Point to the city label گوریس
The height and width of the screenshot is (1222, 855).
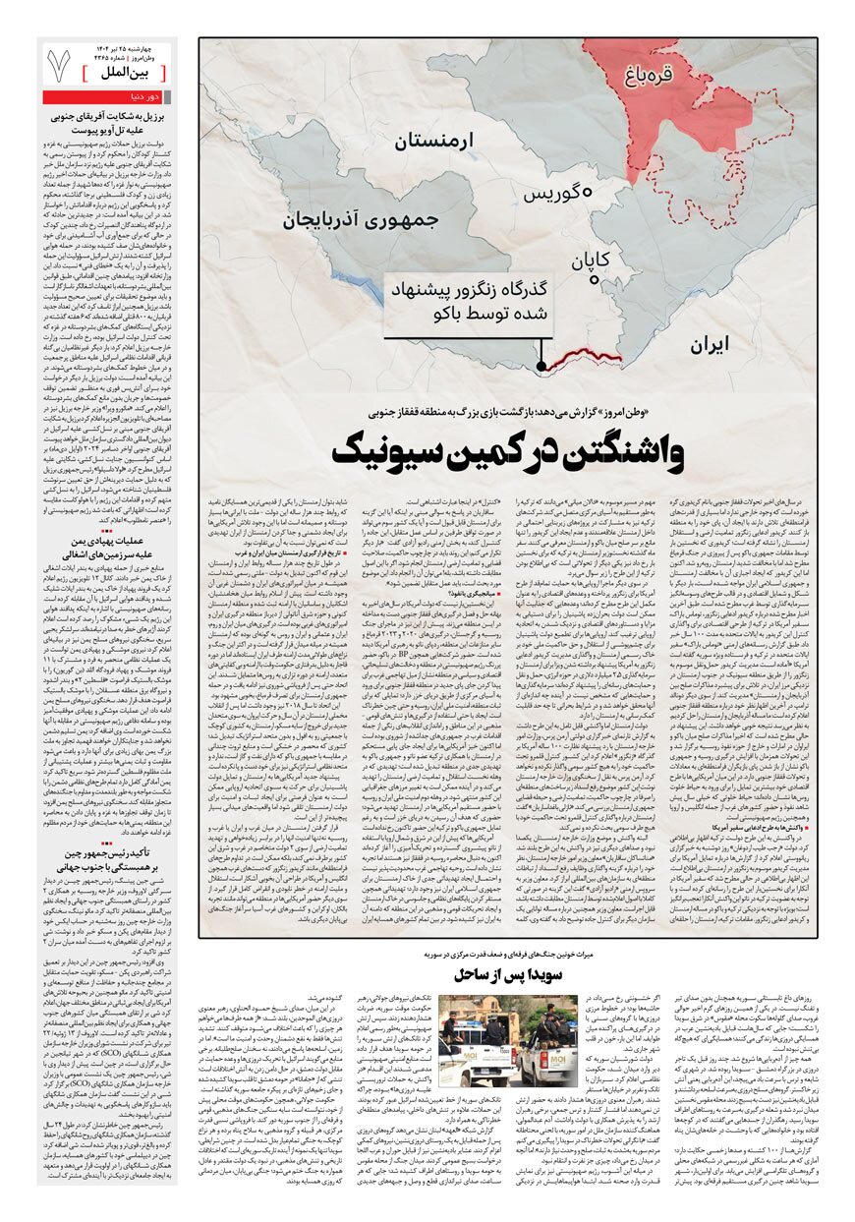557,194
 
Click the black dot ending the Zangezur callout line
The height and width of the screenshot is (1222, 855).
541,366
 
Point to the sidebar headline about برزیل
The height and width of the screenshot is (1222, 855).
107,121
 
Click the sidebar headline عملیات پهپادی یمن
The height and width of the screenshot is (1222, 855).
107,548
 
